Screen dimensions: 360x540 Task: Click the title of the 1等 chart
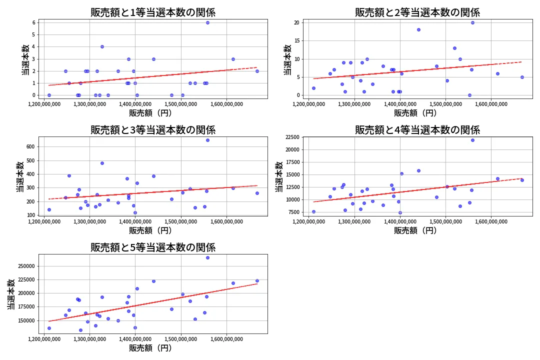coord(152,12)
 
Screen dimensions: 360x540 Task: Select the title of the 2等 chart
coord(417,12)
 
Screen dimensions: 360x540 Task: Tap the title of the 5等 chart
coord(152,247)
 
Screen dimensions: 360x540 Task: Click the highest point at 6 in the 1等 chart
coord(207,22)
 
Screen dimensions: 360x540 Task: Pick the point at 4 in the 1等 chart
coord(102,46)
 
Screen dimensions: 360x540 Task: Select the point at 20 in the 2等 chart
coord(472,22)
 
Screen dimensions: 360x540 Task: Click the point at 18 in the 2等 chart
coord(418,29)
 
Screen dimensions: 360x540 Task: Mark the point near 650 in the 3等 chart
coord(207,140)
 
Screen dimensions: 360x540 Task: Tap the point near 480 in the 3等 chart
coord(102,163)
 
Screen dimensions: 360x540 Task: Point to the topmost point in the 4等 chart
coord(472,140)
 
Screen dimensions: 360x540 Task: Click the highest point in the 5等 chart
coord(207,257)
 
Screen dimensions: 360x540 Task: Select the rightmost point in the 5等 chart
coord(257,280)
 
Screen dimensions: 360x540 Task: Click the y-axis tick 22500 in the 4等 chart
coord(290,137)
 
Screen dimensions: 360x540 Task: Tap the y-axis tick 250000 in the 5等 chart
coord(24,266)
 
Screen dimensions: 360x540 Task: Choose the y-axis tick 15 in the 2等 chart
coord(296,40)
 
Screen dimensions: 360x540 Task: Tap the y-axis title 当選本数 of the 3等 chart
coord(19,176)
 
